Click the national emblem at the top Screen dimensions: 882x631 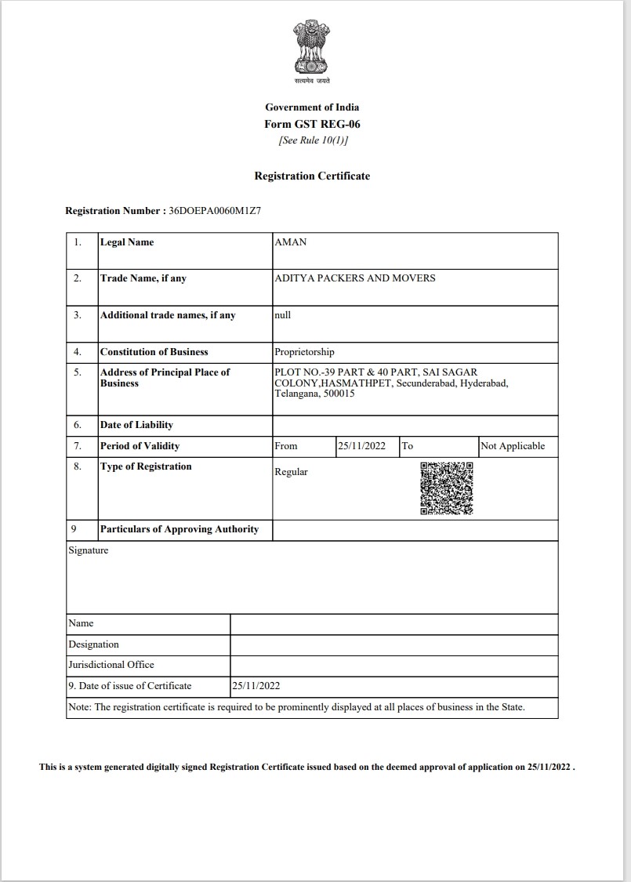tap(312, 49)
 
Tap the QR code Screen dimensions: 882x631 tap(447, 488)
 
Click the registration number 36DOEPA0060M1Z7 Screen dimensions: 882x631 tap(215, 211)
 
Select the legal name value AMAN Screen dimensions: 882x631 tap(291, 242)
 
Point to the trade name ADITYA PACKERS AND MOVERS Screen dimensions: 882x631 tap(354, 278)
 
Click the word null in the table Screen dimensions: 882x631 tap(282, 315)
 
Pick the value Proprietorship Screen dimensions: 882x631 tap(304, 352)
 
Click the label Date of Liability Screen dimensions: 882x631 tap(136, 425)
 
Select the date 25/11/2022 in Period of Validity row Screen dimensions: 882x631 tap(361, 446)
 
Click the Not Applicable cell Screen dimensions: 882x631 tap(513, 446)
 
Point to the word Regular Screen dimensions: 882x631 tap(291, 472)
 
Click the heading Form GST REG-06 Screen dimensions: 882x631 tap(312, 124)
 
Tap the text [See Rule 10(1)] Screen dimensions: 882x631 tap(313, 141)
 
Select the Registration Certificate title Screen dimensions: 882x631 tap(312, 176)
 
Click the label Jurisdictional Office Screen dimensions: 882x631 tap(111, 665)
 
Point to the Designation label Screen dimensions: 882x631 tap(94, 644)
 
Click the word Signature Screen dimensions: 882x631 tap(89, 550)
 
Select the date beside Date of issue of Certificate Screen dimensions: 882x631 tap(256, 686)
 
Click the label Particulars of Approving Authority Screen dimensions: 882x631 tap(180, 529)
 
